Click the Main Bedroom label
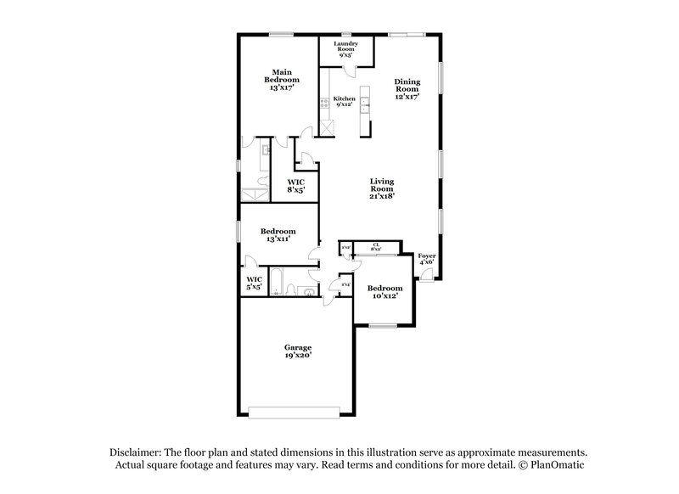[x=283, y=80]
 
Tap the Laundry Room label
[x=345, y=49]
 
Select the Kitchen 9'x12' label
[x=344, y=102]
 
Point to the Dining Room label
[x=407, y=89]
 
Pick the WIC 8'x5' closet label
[x=295, y=186]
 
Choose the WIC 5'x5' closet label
[x=253, y=283]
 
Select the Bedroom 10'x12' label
[x=385, y=293]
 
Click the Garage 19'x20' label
[x=297, y=351]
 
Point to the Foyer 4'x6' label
[x=427, y=259]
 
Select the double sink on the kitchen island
[x=365, y=104]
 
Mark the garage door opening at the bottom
[x=297, y=414]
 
